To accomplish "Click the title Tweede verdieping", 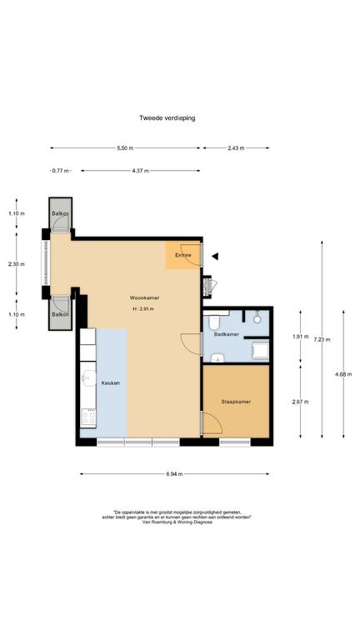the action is (167, 118).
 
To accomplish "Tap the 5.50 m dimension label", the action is (125, 148).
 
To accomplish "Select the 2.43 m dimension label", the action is (236, 148).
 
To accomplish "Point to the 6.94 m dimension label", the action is (174, 474).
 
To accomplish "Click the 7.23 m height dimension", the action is (325, 339).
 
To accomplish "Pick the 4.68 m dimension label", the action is (343, 374).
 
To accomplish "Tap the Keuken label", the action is (111, 383).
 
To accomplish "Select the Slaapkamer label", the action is (236, 402).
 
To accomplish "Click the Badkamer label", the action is (227, 334).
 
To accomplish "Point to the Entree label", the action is (182, 255).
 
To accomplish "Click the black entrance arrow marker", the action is (215, 257).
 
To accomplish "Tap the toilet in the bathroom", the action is (214, 322).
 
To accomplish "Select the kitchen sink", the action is (88, 377).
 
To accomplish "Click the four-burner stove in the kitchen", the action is (88, 417).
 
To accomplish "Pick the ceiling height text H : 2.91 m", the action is (142, 309).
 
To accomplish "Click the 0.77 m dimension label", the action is (60, 171).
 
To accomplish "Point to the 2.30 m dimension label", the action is (17, 264).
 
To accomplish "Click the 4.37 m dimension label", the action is (140, 171).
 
